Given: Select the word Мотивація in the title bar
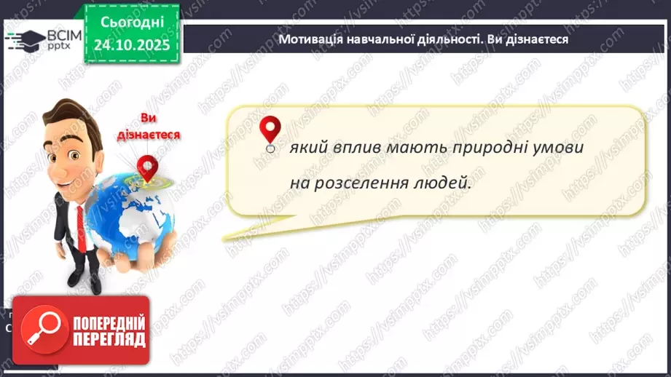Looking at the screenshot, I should (x=310, y=39).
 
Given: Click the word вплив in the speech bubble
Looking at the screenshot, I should (x=352, y=148).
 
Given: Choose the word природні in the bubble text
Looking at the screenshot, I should (x=490, y=148).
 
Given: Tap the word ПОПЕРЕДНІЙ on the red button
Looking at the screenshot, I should (x=109, y=323).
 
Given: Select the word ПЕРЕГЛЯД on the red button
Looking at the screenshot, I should (x=109, y=339).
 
